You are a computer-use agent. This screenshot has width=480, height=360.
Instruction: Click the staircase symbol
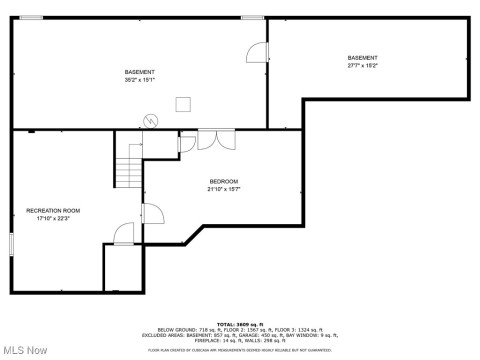(129, 165)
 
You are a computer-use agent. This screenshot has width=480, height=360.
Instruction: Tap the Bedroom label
(223, 180)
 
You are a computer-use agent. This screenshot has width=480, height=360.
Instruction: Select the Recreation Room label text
(53, 211)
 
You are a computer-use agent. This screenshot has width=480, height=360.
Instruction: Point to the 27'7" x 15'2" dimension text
(363, 66)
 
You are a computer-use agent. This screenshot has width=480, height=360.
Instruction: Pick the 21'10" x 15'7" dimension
(223, 189)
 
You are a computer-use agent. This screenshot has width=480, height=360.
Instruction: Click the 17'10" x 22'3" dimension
(53, 220)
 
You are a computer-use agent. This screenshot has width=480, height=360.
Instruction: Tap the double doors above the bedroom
(208, 140)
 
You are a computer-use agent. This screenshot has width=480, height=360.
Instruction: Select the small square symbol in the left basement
(184, 102)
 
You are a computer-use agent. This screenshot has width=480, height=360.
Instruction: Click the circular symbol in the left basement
(151, 121)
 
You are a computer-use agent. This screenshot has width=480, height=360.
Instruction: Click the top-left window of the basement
(32, 17)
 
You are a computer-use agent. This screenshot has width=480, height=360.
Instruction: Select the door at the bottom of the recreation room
(123, 235)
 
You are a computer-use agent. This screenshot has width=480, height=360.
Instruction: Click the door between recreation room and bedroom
(152, 213)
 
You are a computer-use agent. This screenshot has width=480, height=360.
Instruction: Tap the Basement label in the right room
(363, 58)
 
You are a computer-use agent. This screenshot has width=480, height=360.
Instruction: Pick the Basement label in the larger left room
(139, 72)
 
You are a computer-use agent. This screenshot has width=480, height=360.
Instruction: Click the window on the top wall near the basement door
(252, 17)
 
